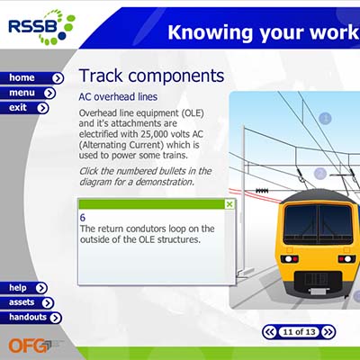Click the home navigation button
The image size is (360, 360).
coord(31,78)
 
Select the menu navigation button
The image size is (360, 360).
coord(28,93)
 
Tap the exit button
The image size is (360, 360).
coord(24,108)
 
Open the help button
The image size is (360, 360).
coord(23,288)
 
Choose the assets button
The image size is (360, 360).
coord(27,302)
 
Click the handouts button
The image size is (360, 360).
coord(31,318)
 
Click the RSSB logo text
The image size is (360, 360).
coord(32,26)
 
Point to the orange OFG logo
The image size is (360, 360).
coord(29,346)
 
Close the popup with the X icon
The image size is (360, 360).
coord(229,204)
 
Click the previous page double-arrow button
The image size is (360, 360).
coord(270,332)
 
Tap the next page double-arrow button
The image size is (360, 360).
coord(328,332)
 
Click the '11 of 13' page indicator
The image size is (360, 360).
coord(299,332)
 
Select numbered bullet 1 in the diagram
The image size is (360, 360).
coord(325,118)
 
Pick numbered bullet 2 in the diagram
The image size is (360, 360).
coord(320,174)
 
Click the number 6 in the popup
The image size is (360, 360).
coord(83,218)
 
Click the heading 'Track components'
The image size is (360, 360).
coord(151,76)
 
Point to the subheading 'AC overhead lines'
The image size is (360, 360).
coord(118,97)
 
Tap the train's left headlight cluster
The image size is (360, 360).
coord(290,258)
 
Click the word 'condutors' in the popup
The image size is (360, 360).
coord(146,229)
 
